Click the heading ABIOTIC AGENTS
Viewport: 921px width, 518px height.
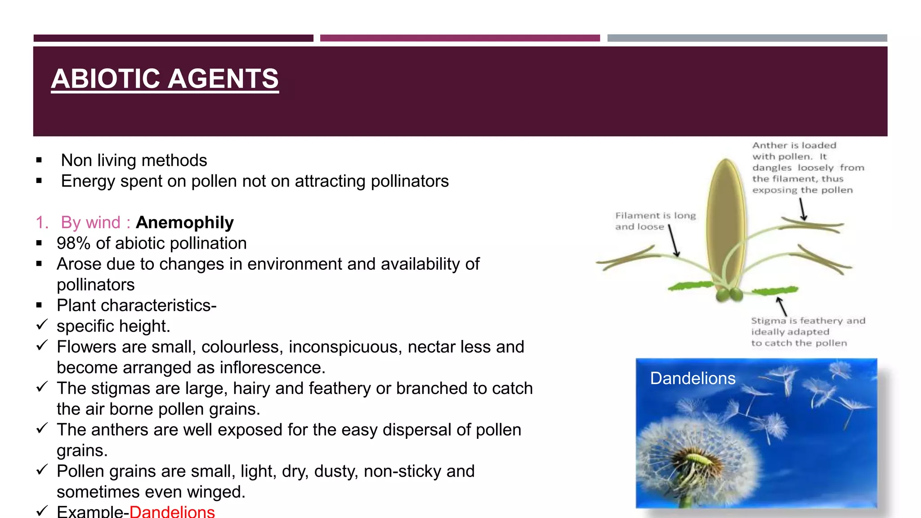[x=165, y=79]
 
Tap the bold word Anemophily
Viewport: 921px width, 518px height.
[x=184, y=223]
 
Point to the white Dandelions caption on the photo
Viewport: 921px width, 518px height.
[x=693, y=378]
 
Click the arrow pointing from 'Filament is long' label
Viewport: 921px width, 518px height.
[x=674, y=241]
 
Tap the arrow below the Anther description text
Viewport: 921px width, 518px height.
[x=802, y=210]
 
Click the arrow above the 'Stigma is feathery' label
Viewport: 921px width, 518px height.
[x=782, y=306]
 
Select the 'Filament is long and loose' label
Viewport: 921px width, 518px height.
[x=655, y=221]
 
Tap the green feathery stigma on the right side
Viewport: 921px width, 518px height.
[x=774, y=290]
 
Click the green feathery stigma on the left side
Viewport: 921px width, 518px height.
[x=690, y=286]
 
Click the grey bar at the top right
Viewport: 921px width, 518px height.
[x=747, y=38]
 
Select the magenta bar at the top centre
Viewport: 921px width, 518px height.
[x=460, y=38]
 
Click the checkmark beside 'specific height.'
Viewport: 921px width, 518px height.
[x=42, y=325]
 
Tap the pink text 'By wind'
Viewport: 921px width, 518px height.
[x=90, y=223]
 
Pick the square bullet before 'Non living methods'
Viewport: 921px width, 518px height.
[x=39, y=160]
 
